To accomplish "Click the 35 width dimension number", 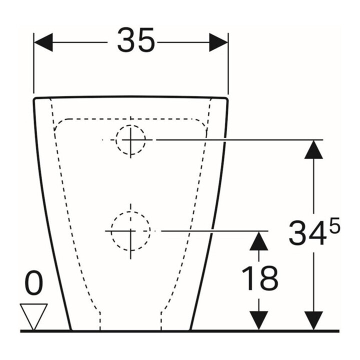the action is coord(136,40).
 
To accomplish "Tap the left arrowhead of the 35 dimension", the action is coord(43,42).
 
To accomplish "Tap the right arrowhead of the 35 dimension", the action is coord(218,42).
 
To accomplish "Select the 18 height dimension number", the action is coord(259,278).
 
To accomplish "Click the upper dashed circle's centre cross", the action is coord(130,140).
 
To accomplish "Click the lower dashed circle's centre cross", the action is coord(130,230).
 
